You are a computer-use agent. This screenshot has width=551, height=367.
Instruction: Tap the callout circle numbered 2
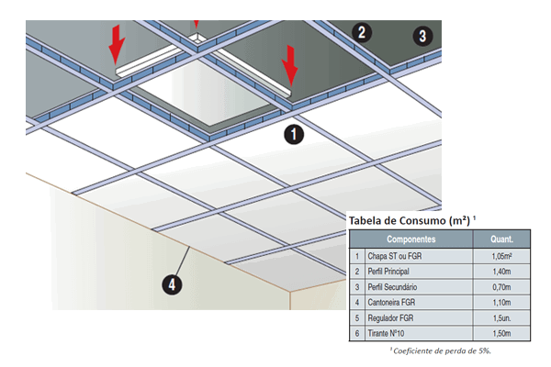tap(362, 33)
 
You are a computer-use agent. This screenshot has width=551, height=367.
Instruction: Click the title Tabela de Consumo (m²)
tap(408, 221)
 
